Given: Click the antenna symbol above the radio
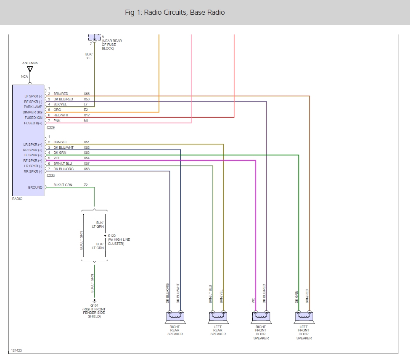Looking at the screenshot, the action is (x=30, y=70).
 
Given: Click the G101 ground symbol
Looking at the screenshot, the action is (x=94, y=300).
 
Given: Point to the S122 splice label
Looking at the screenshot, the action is (x=112, y=236).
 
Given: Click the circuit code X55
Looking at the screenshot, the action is (x=87, y=94).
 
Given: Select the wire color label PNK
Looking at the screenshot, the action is (x=57, y=121).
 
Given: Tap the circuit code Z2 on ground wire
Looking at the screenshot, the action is (x=85, y=185).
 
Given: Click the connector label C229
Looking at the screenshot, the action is (x=51, y=127).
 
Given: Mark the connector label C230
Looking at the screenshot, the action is (x=51, y=175).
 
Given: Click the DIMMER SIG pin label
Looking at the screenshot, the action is (x=33, y=112).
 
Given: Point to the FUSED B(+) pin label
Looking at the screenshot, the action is (x=33, y=123).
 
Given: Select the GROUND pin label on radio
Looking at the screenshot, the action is (x=35, y=187).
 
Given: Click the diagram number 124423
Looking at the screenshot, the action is (x=16, y=350).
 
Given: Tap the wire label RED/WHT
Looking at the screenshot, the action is (x=61, y=115).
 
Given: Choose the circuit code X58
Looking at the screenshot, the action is (x=87, y=169).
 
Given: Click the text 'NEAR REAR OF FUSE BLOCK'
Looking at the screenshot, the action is (x=111, y=45).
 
